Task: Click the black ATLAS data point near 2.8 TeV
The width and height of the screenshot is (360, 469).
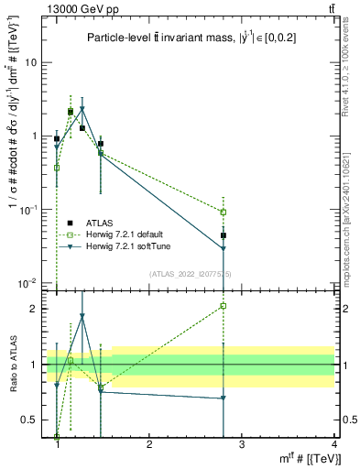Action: point(224,235)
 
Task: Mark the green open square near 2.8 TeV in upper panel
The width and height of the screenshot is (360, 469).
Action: point(224,212)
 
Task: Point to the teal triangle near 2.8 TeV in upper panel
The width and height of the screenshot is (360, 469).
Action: point(224,249)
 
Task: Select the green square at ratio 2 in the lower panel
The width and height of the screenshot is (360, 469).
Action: point(224,306)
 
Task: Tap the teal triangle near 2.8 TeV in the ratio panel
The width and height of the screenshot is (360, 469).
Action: point(224,398)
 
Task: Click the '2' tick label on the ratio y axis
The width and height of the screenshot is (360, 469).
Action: point(38,309)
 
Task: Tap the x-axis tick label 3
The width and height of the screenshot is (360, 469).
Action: point(242,443)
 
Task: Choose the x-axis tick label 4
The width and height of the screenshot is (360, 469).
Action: point(334,443)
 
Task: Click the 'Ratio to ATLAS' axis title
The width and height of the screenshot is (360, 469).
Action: point(13,365)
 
